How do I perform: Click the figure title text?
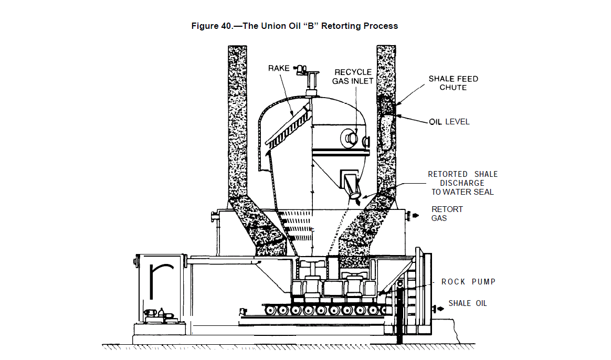(x=294, y=26)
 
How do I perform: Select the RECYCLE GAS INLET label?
(x=353, y=77)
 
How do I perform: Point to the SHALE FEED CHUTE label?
(x=453, y=83)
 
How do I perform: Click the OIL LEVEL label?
(x=449, y=122)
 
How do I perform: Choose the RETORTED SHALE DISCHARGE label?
(x=462, y=183)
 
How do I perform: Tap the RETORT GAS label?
(x=447, y=213)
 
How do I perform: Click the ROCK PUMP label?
(x=468, y=282)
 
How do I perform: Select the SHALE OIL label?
(x=467, y=303)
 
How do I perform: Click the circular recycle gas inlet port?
(x=349, y=139)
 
